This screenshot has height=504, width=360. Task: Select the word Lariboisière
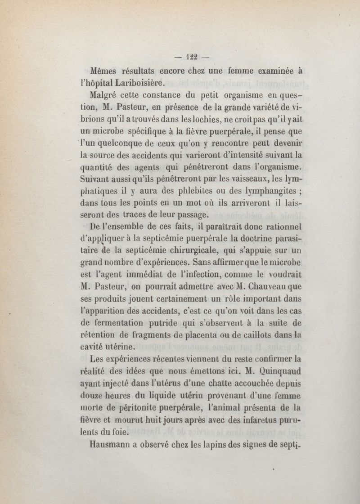(131, 82)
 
